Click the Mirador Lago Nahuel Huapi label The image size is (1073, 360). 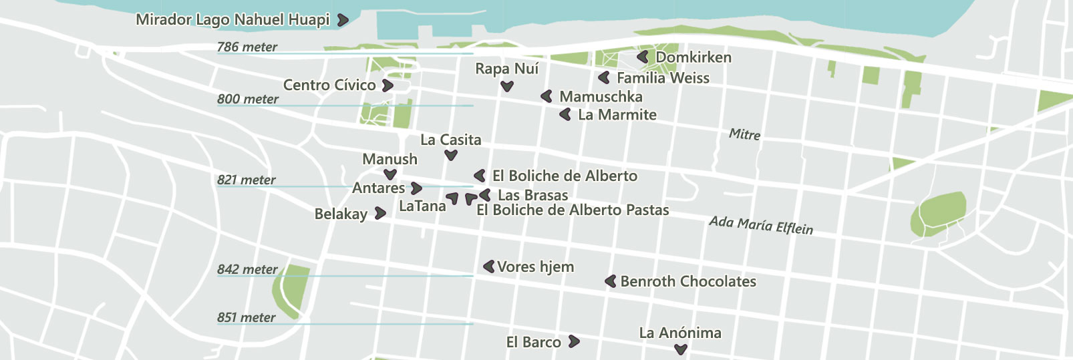(233, 19)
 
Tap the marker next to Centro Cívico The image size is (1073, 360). (388, 85)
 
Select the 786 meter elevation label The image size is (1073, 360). (247, 47)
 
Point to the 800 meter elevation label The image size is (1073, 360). (247, 99)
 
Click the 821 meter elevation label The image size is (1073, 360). (246, 180)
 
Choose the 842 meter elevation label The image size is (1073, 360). (247, 269)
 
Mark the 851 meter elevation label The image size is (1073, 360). (246, 317)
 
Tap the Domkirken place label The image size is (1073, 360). (694, 57)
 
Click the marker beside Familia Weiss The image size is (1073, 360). (604, 78)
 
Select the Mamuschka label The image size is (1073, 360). (601, 97)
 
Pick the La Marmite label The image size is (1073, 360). (617, 115)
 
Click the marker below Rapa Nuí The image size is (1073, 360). (507, 86)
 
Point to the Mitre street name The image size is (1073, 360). (744, 134)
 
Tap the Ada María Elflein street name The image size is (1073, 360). (761, 225)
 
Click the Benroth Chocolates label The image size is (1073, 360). (688, 281)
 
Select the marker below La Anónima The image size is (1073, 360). (681, 349)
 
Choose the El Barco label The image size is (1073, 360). (533, 342)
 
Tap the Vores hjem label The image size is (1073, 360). (535, 266)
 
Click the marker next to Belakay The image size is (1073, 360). (380, 213)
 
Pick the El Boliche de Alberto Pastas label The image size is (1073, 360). (573, 210)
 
